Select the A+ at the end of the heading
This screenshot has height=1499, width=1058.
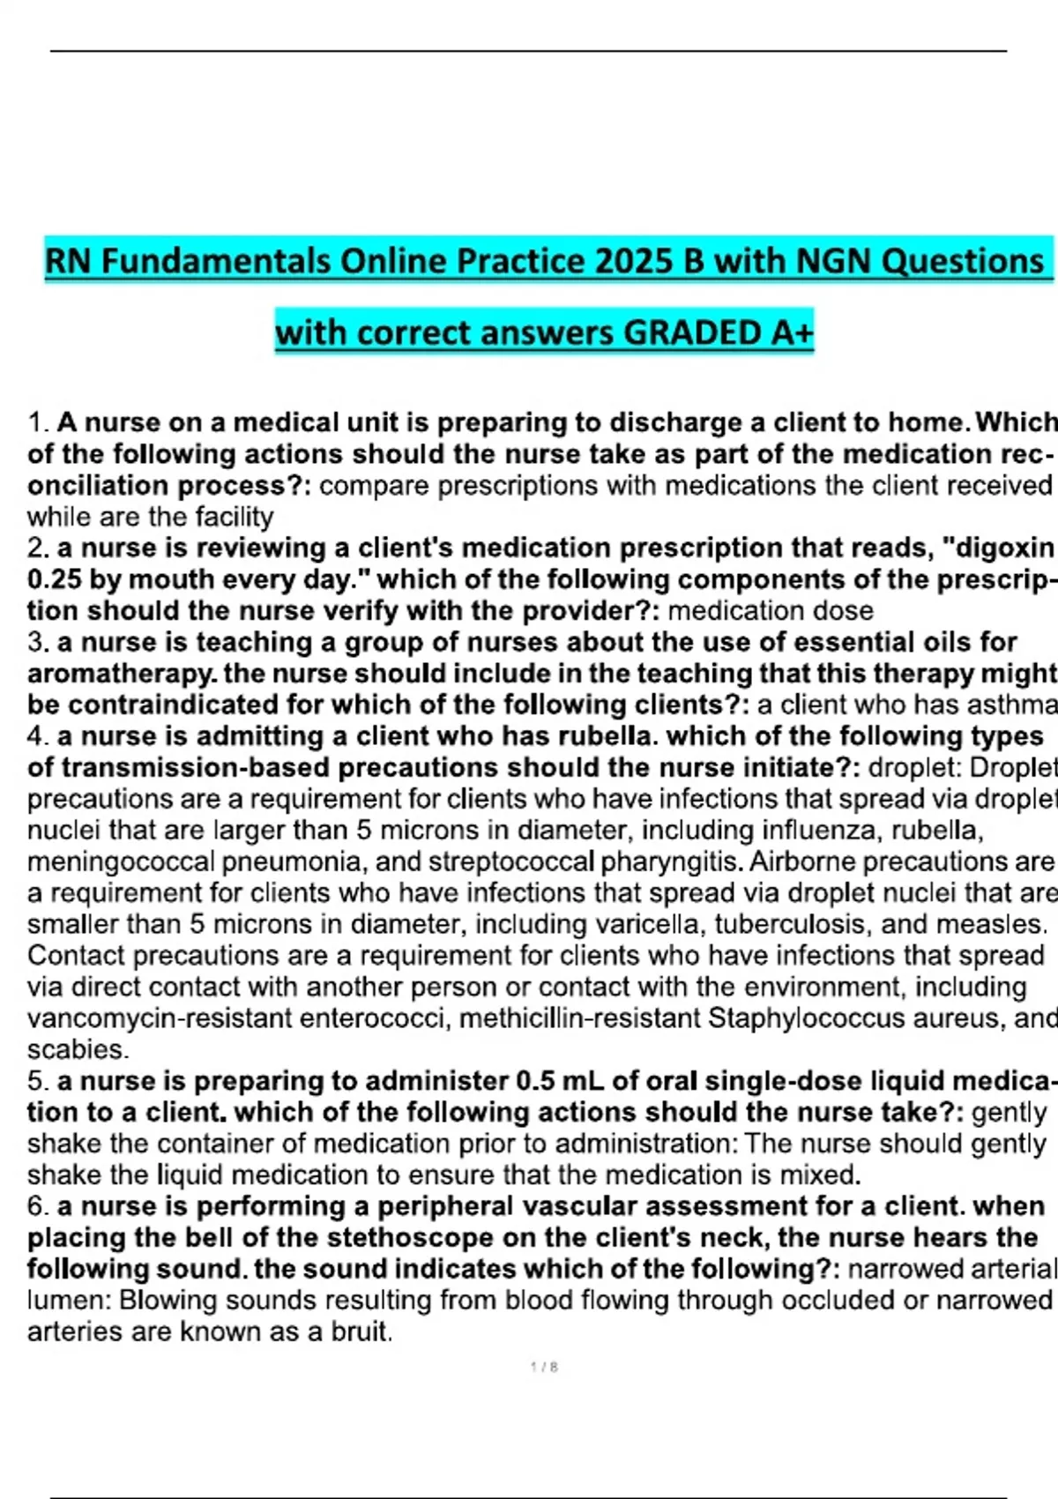[x=790, y=333]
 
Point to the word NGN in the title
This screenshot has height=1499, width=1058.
[x=832, y=261]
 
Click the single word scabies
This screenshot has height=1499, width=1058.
[x=78, y=1049]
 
